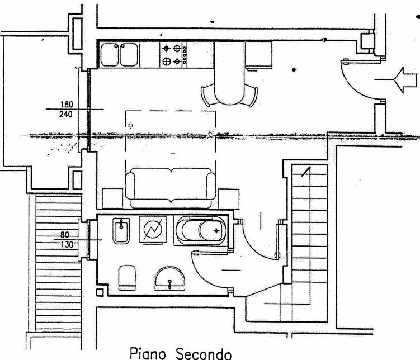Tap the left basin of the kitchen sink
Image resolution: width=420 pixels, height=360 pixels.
tap(110, 55)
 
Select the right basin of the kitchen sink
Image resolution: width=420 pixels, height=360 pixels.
tap(129, 55)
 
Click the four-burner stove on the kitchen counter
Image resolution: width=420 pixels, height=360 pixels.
tap(173, 55)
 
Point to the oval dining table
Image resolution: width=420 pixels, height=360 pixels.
tap(229, 73)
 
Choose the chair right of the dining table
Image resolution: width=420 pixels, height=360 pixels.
tap(249, 95)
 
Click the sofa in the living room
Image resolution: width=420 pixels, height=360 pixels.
tap(171, 188)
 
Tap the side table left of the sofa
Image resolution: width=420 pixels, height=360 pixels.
tap(113, 198)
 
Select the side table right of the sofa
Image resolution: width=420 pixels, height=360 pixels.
tap(229, 199)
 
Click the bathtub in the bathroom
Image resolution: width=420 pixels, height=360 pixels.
tap(201, 231)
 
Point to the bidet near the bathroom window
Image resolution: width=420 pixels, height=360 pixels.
tap(121, 231)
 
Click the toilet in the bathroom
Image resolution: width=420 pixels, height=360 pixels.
tap(127, 278)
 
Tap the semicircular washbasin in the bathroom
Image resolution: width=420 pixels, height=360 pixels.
tap(169, 278)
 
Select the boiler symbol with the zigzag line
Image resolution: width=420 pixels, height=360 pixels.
tap(153, 230)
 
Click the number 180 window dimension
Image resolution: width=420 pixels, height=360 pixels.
tap(67, 104)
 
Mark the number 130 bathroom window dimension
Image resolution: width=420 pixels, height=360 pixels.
tap(67, 244)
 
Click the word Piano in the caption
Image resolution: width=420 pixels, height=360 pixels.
tap(148, 354)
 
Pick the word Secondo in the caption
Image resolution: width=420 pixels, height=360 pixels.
tap(204, 354)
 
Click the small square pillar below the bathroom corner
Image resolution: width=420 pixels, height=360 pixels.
tap(100, 292)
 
